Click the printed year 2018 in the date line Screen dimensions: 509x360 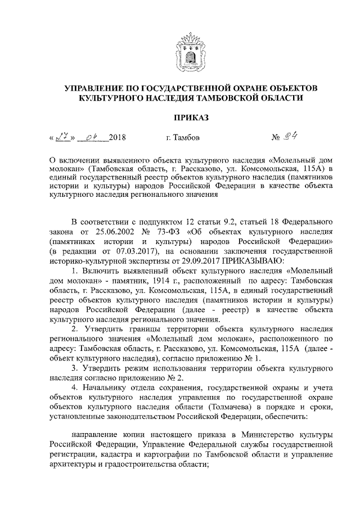click(117, 137)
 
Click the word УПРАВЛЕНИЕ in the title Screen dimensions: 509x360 click(96, 88)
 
